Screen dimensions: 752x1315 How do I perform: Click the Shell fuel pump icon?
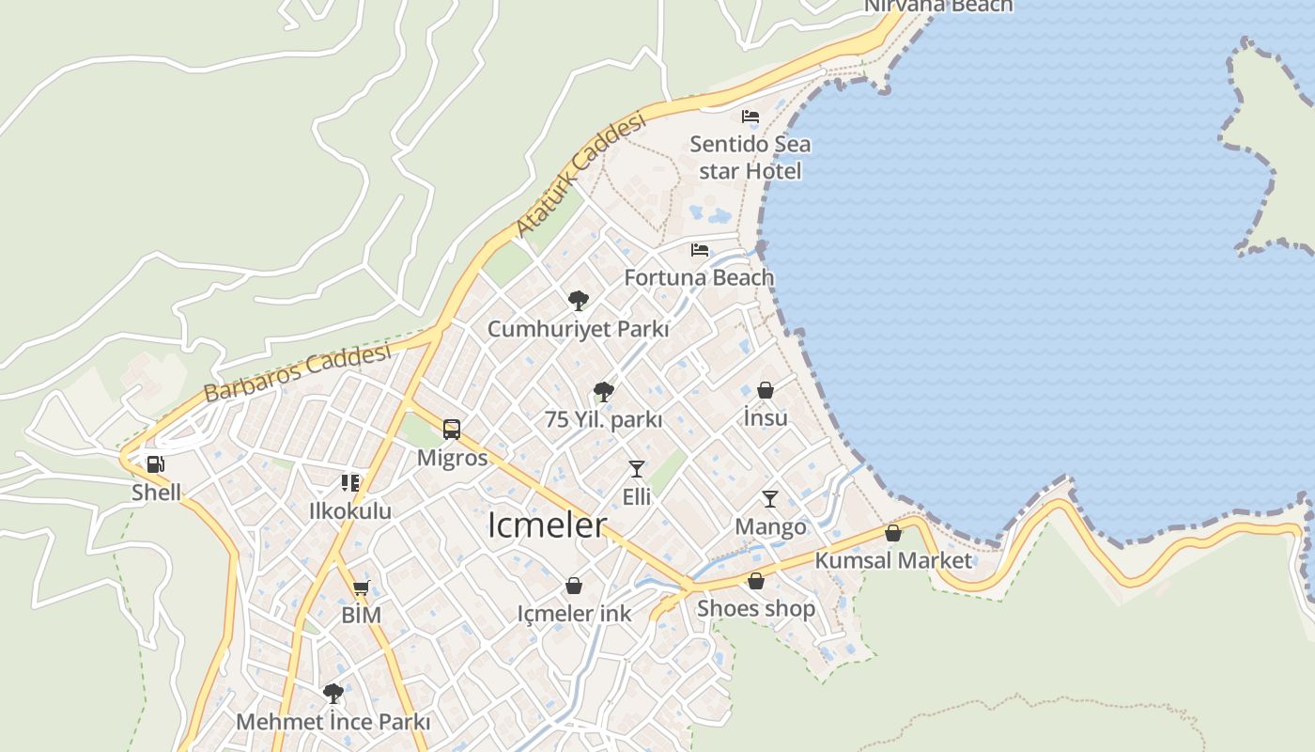pyautogui.click(x=156, y=463)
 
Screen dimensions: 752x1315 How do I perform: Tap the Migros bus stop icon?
pyautogui.click(x=452, y=430)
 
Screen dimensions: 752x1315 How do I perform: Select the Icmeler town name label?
pyautogui.click(x=547, y=525)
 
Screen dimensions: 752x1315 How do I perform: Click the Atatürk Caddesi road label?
pyautogui.click(x=581, y=176)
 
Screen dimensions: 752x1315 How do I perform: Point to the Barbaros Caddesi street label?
pyautogui.click(x=297, y=372)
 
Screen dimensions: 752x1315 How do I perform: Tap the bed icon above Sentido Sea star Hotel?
pyautogui.click(x=750, y=117)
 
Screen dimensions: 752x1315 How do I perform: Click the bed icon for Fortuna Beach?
pyautogui.click(x=700, y=250)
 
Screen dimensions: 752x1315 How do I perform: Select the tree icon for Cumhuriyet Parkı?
pyautogui.click(x=579, y=301)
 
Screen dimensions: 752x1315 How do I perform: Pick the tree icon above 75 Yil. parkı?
pyautogui.click(x=604, y=392)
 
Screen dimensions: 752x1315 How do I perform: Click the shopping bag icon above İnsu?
pyautogui.click(x=766, y=390)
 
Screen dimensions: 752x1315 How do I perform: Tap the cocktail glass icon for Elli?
pyautogui.click(x=637, y=468)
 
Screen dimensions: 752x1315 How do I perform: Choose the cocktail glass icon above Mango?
pyautogui.click(x=770, y=498)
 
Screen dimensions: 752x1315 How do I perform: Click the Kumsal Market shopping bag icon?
pyautogui.click(x=893, y=533)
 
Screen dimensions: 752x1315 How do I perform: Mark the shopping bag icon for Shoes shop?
pyautogui.click(x=756, y=581)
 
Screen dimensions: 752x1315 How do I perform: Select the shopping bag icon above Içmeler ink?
pyautogui.click(x=574, y=587)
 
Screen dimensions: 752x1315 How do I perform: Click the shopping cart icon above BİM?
pyautogui.click(x=361, y=588)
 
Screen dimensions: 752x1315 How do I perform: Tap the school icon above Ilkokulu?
pyautogui.click(x=350, y=483)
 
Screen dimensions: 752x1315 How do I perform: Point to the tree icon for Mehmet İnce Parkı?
pyautogui.click(x=333, y=694)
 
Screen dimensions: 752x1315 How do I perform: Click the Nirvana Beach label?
pyautogui.click(x=938, y=6)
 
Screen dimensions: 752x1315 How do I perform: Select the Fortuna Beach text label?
pyautogui.click(x=700, y=277)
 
